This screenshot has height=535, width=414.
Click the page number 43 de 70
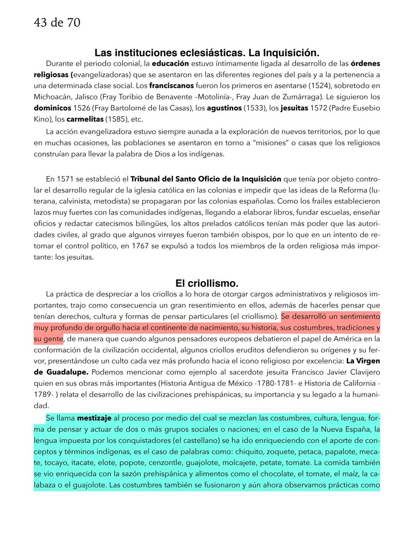(x=57, y=23)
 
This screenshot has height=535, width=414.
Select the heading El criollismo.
(x=207, y=283)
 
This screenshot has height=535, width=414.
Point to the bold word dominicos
(x=52, y=108)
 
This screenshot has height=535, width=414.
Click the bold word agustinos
(x=224, y=108)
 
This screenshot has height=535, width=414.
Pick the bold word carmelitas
(x=85, y=119)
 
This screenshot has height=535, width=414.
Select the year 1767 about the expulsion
(x=140, y=246)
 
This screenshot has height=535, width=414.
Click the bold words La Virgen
(x=363, y=361)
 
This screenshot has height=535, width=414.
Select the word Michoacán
(x=52, y=97)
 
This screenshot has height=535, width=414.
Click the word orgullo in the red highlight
(x=109, y=328)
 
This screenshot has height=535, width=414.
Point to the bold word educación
(x=170, y=63)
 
